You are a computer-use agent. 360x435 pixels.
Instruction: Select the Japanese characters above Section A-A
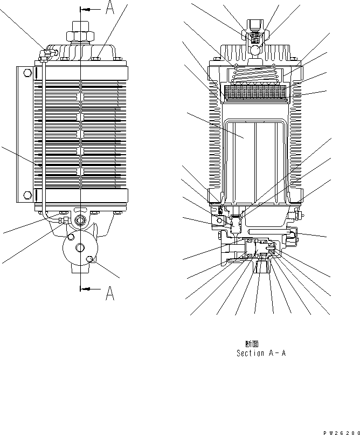pos(252,343)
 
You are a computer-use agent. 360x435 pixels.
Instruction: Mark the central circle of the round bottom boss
pos(80,247)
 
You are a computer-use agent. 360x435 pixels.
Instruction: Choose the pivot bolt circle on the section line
pos(80,219)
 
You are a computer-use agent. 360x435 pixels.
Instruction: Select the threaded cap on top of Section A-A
pos(255,27)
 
